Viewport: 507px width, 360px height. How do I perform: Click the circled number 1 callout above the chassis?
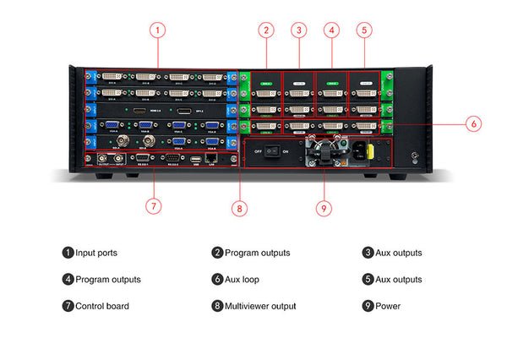click(x=157, y=30)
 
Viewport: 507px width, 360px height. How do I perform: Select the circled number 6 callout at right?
click(x=473, y=123)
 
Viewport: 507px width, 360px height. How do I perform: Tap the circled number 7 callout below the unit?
click(x=152, y=205)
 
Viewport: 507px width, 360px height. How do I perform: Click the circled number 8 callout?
click(x=241, y=205)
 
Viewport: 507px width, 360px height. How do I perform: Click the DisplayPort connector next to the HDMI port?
click(x=182, y=111)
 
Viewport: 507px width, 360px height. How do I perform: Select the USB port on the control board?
click(x=195, y=158)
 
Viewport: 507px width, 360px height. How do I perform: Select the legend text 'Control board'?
click(x=102, y=306)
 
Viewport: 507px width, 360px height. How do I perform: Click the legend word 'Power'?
click(x=388, y=306)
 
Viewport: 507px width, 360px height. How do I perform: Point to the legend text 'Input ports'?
click(x=96, y=253)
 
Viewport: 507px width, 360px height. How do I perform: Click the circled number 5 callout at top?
click(x=364, y=30)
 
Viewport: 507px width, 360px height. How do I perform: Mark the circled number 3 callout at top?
click(x=298, y=30)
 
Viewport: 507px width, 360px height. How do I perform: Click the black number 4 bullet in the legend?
click(x=68, y=279)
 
